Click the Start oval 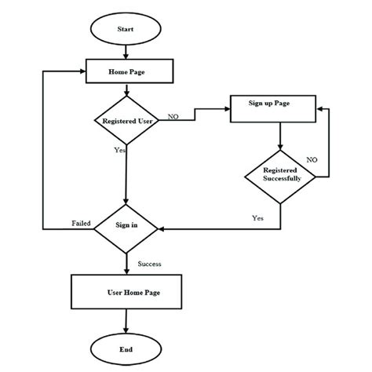click(x=126, y=29)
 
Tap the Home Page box click(x=126, y=72)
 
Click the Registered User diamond click(x=126, y=121)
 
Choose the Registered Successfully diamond click(x=280, y=175)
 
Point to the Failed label click(x=82, y=223)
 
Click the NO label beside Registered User click(x=173, y=116)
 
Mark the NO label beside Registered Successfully click(x=312, y=159)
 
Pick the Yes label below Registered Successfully click(x=257, y=217)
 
